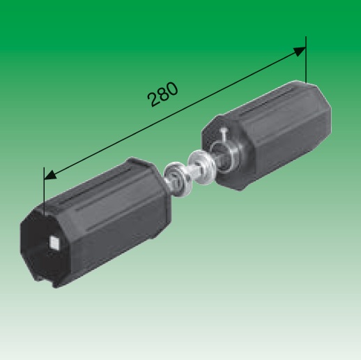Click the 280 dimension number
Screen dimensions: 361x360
click(x=163, y=94)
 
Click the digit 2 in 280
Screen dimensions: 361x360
click(x=153, y=99)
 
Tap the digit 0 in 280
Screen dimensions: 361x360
click(x=173, y=89)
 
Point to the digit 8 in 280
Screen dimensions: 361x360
click(x=163, y=94)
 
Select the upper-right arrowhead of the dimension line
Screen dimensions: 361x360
click(x=300, y=52)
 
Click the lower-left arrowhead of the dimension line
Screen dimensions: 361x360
click(x=50, y=175)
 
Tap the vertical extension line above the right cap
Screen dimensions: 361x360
click(x=306, y=59)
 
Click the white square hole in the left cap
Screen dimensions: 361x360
click(x=54, y=242)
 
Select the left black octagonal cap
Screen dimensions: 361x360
click(x=95, y=223)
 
